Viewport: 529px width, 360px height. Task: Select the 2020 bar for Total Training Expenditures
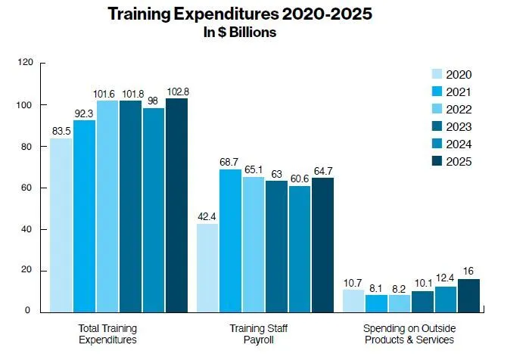61,224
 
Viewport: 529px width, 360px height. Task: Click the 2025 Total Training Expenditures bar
176,204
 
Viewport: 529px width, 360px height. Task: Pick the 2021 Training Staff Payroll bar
230,239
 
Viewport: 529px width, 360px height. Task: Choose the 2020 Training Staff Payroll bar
207,266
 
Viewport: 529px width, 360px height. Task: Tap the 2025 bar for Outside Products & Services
468,294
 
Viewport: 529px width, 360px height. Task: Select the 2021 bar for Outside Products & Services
376,303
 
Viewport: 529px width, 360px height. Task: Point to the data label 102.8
176,92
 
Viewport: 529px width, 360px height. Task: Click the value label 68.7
230,163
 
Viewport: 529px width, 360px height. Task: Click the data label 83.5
61,131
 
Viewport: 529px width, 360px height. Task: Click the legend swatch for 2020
437,74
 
